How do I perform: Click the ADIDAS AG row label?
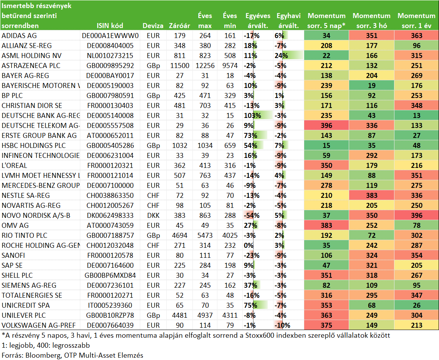(x=19, y=36)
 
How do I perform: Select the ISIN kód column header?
(x=110, y=26)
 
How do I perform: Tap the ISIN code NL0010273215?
(x=110, y=55)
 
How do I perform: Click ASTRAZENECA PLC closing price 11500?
(x=179, y=66)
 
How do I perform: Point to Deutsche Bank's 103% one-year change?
(x=252, y=115)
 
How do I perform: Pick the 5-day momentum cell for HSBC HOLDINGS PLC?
(x=326, y=145)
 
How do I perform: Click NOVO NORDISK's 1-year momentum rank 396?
(x=417, y=216)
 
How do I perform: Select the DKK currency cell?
(x=153, y=216)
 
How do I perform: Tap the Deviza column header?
(x=153, y=26)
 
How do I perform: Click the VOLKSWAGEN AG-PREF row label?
(x=39, y=325)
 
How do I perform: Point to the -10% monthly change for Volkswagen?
(x=282, y=325)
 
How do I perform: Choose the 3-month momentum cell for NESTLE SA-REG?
(x=371, y=196)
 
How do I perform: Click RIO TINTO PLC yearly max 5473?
(x=205, y=236)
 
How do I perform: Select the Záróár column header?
(x=179, y=26)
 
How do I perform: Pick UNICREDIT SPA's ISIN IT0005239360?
(x=110, y=305)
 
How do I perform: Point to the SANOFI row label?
(x=13, y=255)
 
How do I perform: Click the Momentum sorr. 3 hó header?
(x=371, y=21)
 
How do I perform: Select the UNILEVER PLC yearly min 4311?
(x=230, y=315)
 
